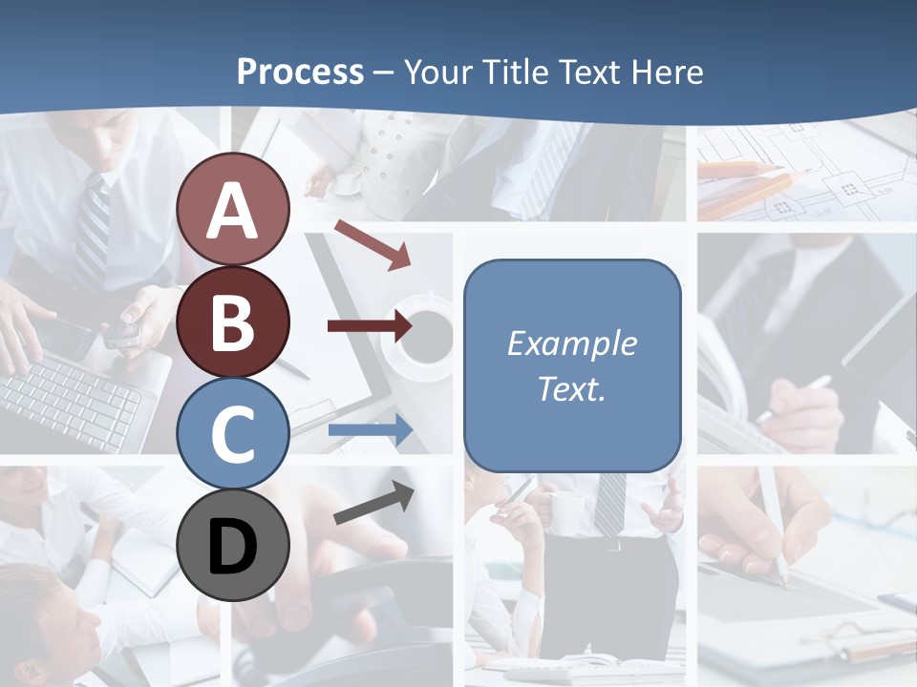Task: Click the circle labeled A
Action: click(232, 210)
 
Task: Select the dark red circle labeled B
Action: click(232, 322)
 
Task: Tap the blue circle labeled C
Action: click(232, 433)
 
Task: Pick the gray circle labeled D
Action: click(232, 545)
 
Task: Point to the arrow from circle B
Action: click(369, 326)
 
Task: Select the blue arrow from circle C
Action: click(369, 431)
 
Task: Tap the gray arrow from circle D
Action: click(373, 502)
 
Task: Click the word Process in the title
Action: click(300, 72)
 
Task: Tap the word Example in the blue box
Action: click(571, 343)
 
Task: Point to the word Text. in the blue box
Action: click(571, 388)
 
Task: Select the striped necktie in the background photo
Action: click(93, 229)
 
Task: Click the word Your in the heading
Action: click(438, 72)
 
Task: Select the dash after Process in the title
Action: click(383, 73)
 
